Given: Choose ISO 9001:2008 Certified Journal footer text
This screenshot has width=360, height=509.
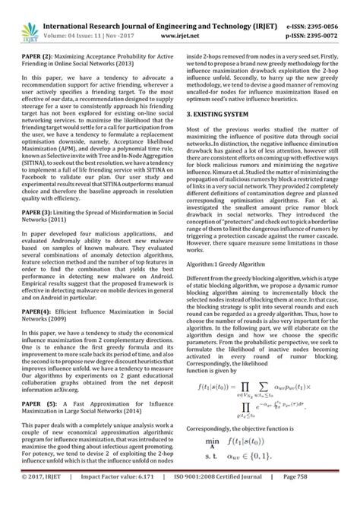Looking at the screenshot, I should tap(230, 499).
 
